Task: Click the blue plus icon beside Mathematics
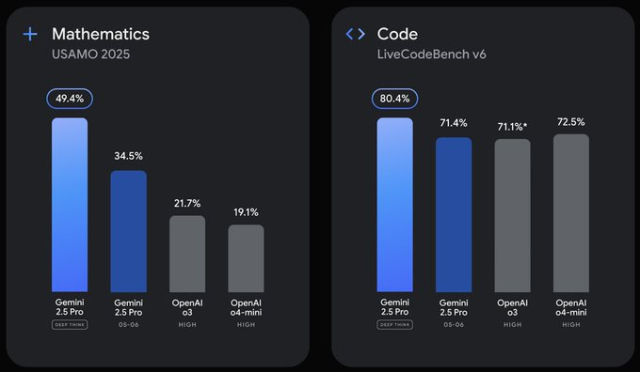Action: point(31,34)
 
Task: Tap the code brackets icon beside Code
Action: point(355,34)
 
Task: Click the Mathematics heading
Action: point(101,34)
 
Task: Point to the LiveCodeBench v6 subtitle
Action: point(432,54)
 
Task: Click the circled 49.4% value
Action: point(69,98)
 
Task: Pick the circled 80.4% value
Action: point(394,98)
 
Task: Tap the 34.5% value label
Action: point(128,155)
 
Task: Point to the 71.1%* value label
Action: point(514,125)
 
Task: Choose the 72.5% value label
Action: point(571,121)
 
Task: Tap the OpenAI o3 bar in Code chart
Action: point(512,215)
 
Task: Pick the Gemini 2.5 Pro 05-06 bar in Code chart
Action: point(454,214)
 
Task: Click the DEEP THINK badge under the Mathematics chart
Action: point(70,325)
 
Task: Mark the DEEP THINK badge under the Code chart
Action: point(395,325)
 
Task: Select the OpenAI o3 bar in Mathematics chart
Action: point(187,254)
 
